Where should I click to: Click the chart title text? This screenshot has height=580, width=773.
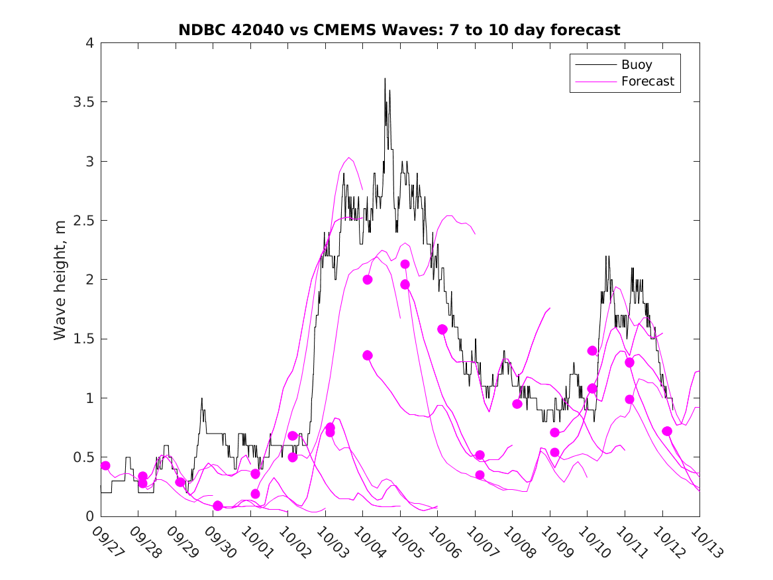tap(399, 30)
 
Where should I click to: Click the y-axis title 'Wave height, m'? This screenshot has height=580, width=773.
tap(60, 280)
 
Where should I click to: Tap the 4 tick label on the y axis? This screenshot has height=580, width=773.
tap(89, 43)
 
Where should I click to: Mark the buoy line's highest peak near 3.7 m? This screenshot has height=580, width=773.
tap(385, 79)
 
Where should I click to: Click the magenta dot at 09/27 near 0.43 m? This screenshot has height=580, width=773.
tap(105, 465)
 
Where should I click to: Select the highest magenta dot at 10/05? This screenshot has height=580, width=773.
tap(405, 264)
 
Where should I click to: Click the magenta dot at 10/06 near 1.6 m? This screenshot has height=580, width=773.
tap(442, 329)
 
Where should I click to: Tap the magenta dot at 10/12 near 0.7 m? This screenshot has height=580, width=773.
tap(667, 432)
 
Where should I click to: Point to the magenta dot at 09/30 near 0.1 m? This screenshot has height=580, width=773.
tap(218, 506)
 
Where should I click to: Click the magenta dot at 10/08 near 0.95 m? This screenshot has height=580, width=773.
tap(517, 404)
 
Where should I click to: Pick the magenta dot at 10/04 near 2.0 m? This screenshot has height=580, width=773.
tap(368, 280)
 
